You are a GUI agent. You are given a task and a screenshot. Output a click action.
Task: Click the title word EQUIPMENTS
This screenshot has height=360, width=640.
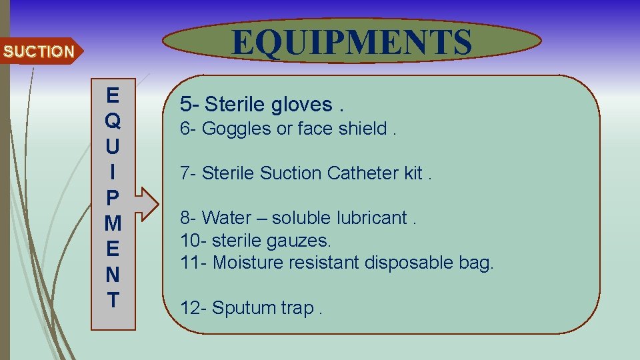(x=351, y=42)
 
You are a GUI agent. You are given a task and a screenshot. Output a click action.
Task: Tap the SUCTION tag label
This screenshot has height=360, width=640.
(x=38, y=51)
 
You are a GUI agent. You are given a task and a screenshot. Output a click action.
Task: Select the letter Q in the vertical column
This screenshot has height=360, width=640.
(x=113, y=121)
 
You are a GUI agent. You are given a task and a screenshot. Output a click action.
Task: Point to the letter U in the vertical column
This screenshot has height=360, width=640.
(x=113, y=145)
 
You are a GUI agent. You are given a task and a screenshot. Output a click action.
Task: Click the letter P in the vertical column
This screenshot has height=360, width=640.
(x=113, y=197)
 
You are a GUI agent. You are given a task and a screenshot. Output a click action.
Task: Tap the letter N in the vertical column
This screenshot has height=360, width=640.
(x=113, y=274)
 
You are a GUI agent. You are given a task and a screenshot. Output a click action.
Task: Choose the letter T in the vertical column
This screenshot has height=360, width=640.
(x=113, y=299)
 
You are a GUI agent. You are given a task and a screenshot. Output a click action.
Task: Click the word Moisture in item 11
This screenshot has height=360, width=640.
(x=246, y=262)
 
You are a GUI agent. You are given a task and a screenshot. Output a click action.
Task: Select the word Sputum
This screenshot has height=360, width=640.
(x=244, y=308)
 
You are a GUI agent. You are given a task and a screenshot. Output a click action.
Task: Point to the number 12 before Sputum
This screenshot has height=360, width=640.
(x=190, y=307)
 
